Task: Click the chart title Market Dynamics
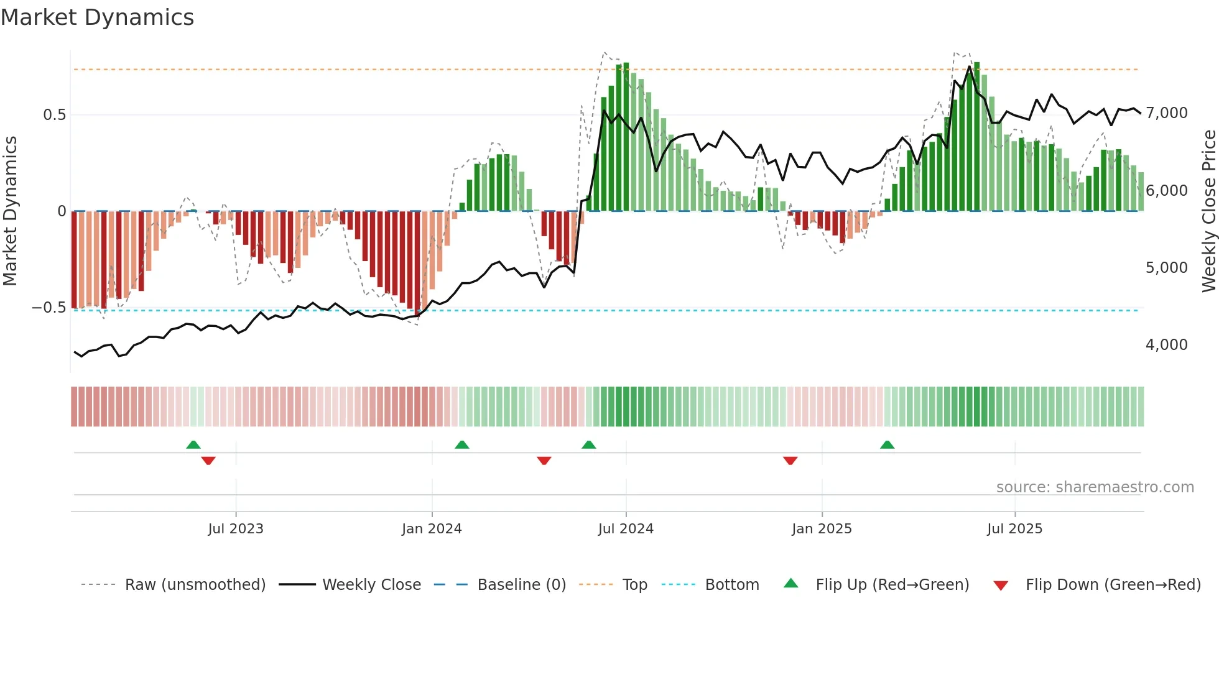97,17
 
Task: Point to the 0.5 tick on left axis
54,115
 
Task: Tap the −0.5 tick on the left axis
49,308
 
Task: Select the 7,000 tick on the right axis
1166,113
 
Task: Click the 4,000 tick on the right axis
1166,345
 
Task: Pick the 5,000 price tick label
1166,268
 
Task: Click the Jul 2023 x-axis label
236,529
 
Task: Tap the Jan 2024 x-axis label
432,529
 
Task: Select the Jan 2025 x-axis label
822,529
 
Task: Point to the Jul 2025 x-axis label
1014,529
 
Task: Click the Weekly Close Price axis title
1208,211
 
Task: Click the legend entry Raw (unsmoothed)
195,585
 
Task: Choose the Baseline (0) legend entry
521,585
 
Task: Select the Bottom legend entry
731,585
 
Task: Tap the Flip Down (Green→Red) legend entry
1113,585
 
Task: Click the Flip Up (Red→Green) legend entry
892,585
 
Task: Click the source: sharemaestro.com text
1095,487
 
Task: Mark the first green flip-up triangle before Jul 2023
193,444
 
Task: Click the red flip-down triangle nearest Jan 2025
790,461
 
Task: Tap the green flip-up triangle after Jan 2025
887,444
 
